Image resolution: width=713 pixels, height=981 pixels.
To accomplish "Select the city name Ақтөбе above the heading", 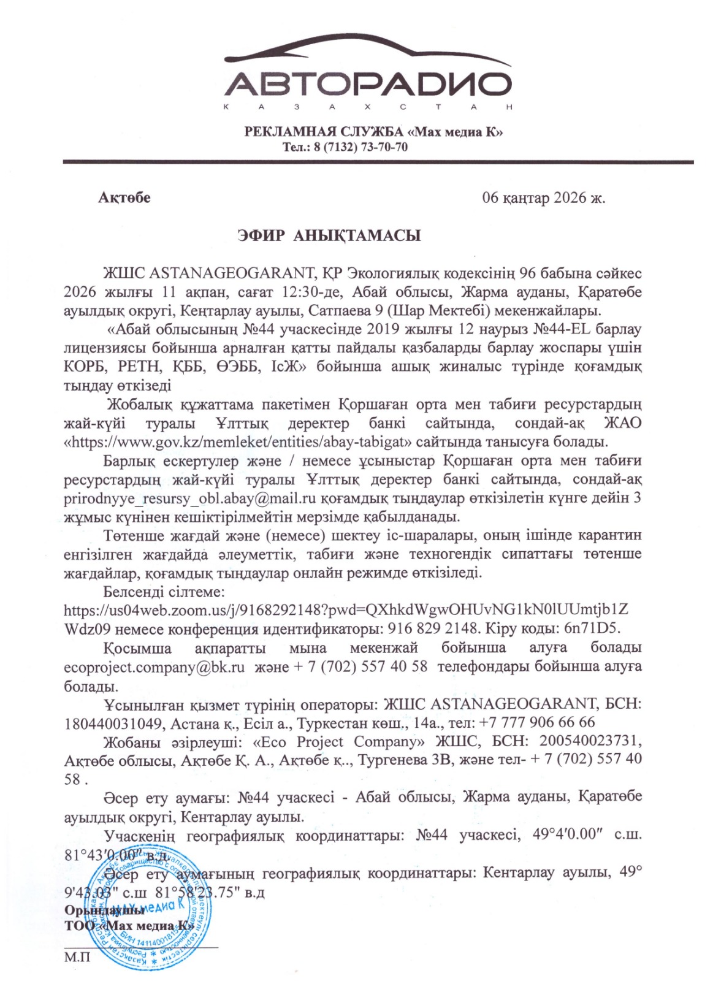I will tap(124, 197).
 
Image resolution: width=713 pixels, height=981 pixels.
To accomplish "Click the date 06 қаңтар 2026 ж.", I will tap(543, 198).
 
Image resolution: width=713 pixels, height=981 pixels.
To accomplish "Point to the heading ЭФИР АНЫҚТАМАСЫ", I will tap(329, 236).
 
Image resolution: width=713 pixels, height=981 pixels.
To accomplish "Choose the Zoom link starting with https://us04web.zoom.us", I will tap(346, 611).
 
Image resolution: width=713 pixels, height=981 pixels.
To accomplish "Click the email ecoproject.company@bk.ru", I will tap(154, 667).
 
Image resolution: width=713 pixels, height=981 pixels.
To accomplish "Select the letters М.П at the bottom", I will tap(77, 957).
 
